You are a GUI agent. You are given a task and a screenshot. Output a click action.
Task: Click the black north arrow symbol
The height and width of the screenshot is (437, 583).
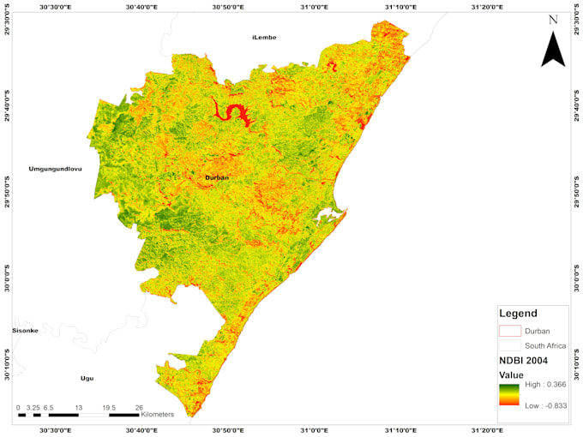click(x=553, y=49)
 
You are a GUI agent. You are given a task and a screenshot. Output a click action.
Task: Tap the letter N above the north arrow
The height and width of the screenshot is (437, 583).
click(x=554, y=20)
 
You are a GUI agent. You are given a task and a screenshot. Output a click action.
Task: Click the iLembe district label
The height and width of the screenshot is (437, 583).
click(x=265, y=39)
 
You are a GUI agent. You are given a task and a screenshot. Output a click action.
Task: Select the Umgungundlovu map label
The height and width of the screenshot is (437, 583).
click(x=55, y=169)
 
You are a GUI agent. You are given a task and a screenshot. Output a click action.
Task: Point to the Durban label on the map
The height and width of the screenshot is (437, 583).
click(x=217, y=177)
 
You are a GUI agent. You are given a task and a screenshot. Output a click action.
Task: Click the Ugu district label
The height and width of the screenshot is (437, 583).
click(x=87, y=378)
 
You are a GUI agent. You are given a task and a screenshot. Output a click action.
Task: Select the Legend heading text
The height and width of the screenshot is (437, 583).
click(x=518, y=314)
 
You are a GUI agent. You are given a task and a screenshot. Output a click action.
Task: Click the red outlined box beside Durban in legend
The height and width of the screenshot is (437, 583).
click(x=510, y=331)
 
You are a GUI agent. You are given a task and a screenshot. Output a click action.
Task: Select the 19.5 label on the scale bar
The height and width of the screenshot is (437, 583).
click(x=109, y=408)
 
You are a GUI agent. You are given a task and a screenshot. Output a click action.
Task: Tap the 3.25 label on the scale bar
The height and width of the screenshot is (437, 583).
click(x=34, y=408)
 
